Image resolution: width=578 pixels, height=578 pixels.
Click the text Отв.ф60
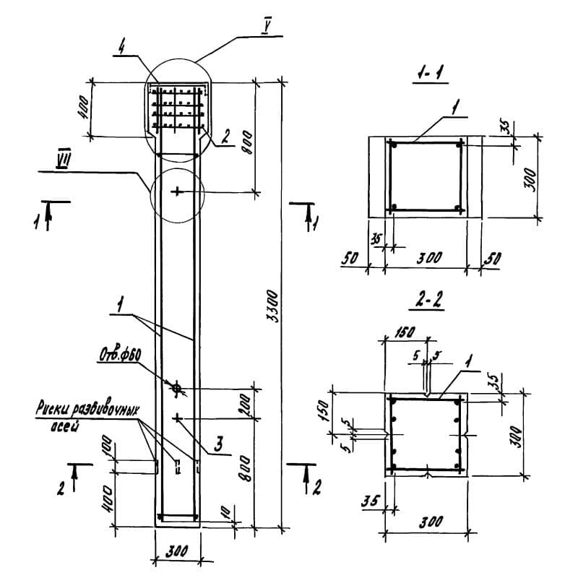[x=119, y=358]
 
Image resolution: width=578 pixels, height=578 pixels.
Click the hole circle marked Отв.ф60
[x=177, y=389]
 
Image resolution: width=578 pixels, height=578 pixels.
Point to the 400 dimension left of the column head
[x=85, y=109]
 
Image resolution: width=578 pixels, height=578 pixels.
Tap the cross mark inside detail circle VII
[x=177, y=191]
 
